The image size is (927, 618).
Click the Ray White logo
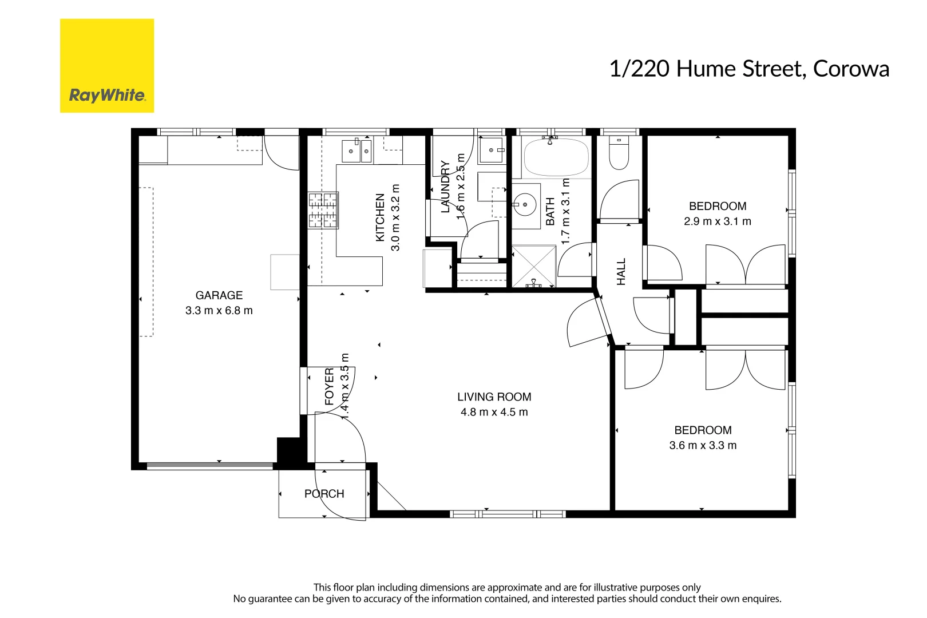point(107,66)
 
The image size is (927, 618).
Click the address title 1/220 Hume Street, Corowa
point(748,69)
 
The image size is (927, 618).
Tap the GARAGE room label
point(219,295)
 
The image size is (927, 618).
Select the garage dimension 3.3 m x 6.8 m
point(219,311)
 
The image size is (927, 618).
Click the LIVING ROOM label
point(494,397)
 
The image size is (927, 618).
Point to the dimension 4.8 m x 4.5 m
point(494,412)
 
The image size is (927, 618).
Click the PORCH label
point(324,494)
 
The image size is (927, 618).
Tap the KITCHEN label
point(380,217)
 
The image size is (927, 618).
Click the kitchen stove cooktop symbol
point(323,211)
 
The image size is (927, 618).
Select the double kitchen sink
point(356,151)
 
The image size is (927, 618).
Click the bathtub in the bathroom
point(556,157)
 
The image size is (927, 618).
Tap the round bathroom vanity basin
point(524,204)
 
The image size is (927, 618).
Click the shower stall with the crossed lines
point(533,266)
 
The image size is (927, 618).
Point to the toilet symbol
point(619,152)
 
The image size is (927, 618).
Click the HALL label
point(621,271)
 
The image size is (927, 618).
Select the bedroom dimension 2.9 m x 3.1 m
point(718,221)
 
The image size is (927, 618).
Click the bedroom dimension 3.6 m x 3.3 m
point(703,445)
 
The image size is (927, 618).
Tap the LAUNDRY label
point(445,187)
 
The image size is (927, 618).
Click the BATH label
point(550,211)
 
